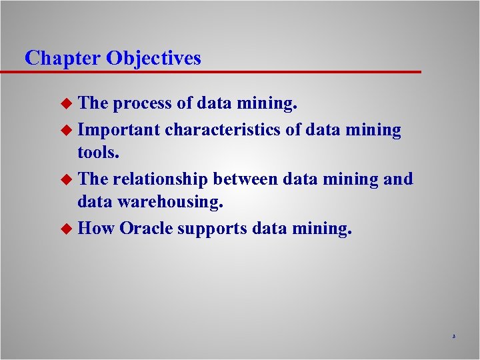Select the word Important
click(119, 130)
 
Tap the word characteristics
click(223, 130)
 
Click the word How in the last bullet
click(96, 229)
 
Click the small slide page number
click(453, 337)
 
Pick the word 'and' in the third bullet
click(399, 179)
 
